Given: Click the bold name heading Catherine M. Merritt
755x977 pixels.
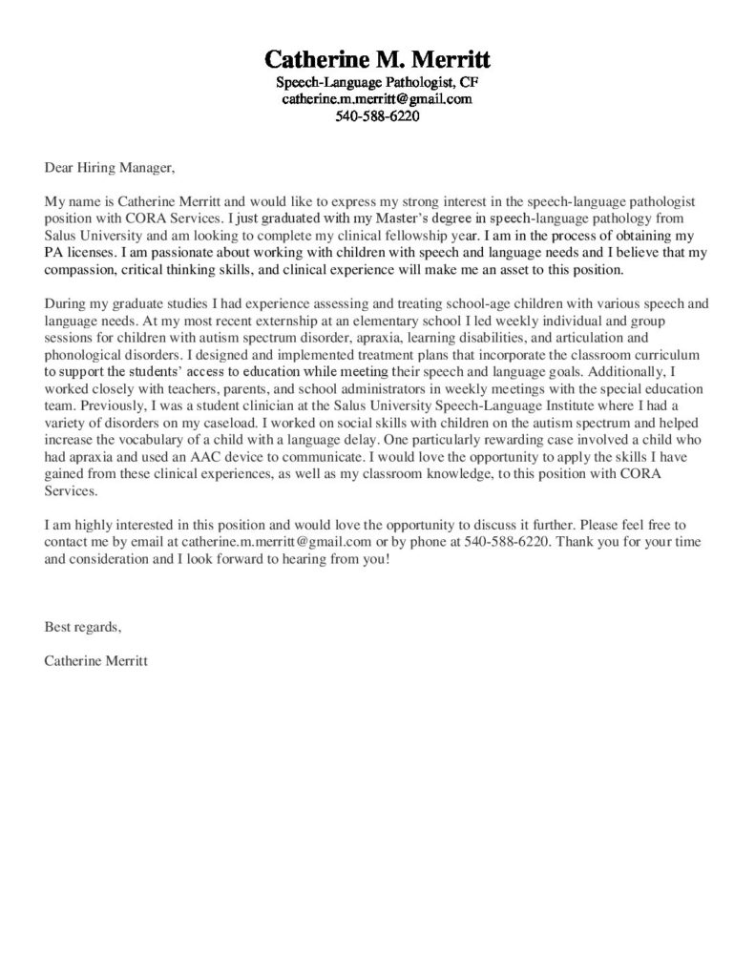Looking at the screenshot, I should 377,58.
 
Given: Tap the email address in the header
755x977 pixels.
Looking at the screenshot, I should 377,99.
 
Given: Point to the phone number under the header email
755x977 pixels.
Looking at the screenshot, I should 377,117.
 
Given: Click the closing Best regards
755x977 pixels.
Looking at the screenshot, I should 83,627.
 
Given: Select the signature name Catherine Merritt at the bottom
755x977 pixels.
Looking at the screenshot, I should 95,660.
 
